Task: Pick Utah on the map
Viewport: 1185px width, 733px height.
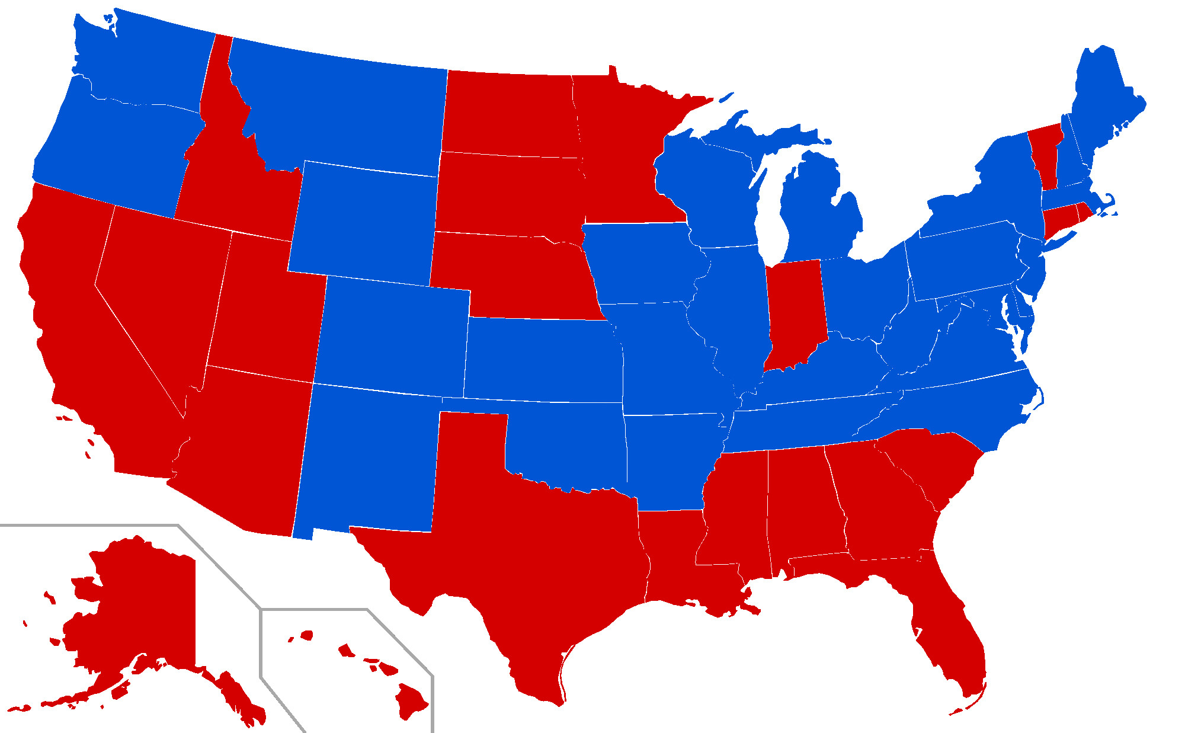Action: pos(267,308)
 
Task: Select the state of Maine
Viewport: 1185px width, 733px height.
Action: pos(1102,101)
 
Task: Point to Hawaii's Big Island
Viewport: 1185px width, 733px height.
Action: pos(411,699)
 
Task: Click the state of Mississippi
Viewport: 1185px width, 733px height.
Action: pos(735,510)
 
